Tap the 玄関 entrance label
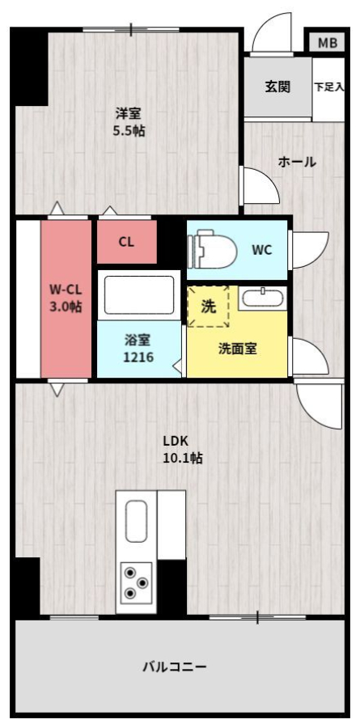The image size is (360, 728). click(277, 87)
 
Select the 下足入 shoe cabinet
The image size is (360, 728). click(329, 88)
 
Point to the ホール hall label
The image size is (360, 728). click(297, 162)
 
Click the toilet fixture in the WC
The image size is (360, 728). click(212, 249)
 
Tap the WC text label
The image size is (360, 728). click(261, 250)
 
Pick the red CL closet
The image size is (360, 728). click(127, 242)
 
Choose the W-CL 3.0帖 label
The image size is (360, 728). click(66, 298)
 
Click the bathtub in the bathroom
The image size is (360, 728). click(139, 294)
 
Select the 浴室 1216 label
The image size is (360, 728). click(138, 348)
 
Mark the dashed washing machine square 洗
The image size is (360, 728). click(209, 307)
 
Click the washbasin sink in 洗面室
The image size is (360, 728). click(262, 298)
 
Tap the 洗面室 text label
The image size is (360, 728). click(237, 349)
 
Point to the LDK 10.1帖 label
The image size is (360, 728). click(182, 450)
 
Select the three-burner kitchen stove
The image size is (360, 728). click(136, 582)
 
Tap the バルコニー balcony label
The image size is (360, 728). click(174, 667)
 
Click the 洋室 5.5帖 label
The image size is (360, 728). click(129, 121)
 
